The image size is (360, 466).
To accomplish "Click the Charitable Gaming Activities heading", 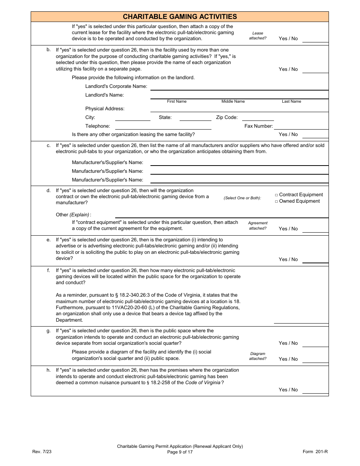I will point(180,17).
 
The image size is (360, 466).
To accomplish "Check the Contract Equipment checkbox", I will point(277,195).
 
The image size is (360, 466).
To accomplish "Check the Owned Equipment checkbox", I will point(277,202).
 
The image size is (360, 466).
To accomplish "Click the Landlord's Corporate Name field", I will point(239,87).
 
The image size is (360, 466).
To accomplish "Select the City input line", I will point(133,118).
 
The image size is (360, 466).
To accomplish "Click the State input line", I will point(195,118).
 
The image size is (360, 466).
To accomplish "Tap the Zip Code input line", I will point(258,118).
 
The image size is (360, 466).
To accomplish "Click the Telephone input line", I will point(163,127).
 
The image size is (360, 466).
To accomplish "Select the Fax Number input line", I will point(301,127).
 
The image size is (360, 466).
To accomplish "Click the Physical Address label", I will point(105,109).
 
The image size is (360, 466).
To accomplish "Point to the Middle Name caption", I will point(233,102).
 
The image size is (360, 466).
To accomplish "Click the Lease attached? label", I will point(258,36).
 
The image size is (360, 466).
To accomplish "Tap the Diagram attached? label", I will point(258,356).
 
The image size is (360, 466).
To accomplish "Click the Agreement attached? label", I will point(258,225).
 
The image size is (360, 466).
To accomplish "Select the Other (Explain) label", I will point(73,215).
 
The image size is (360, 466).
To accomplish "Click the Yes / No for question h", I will point(288,390).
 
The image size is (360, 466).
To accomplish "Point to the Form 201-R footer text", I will point(315,452).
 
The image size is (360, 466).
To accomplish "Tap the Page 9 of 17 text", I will point(180,452).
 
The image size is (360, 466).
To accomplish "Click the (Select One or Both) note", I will point(242,198).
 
